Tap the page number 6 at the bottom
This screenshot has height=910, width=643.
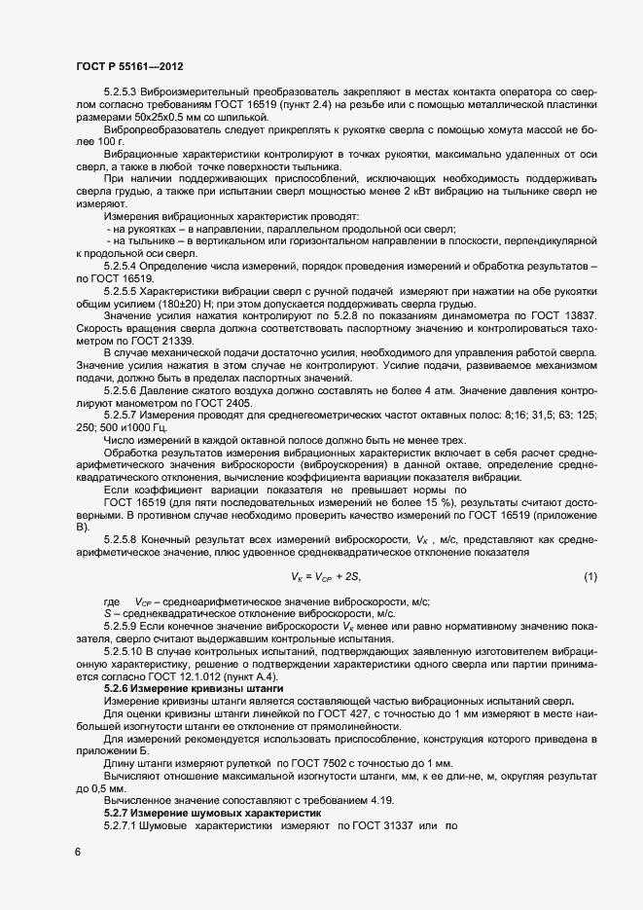coord(78,851)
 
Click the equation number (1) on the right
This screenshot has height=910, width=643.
coord(589,578)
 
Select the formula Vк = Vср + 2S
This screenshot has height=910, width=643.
coord(326,578)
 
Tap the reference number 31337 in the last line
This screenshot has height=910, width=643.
coord(388,825)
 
